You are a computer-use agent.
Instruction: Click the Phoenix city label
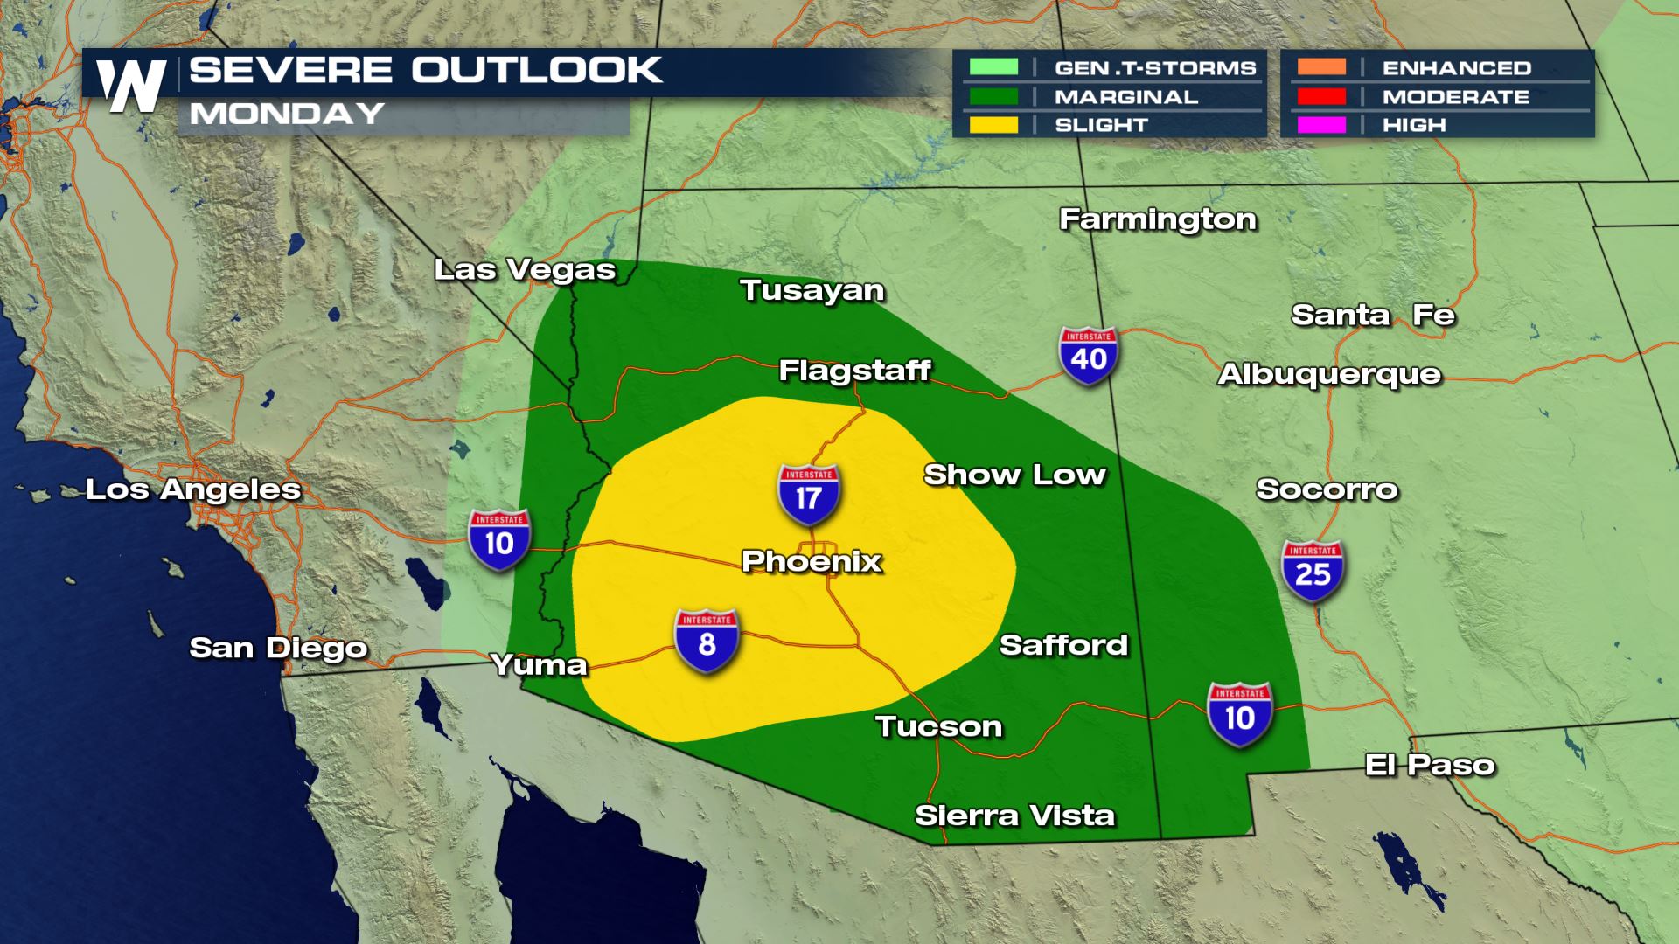pyautogui.click(x=812, y=561)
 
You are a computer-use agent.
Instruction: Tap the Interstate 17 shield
pyautogui.click(x=809, y=495)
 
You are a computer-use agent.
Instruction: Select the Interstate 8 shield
pyautogui.click(x=707, y=642)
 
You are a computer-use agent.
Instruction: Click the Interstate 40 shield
pyautogui.click(x=1089, y=356)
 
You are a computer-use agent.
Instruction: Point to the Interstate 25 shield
pyautogui.click(x=1313, y=571)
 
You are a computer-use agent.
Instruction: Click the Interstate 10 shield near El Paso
pyautogui.click(x=1239, y=715)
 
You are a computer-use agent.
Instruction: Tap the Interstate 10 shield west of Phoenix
pyautogui.click(x=499, y=540)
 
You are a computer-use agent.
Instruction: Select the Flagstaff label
pyautogui.click(x=854, y=371)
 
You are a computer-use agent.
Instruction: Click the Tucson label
pyautogui.click(x=938, y=726)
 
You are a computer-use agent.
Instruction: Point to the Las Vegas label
pyautogui.click(x=525, y=270)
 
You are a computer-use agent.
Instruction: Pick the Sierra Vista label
pyautogui.click(x=1014, y=816)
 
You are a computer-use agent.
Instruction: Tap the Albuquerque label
pyautogui.click(x=1329, y=374)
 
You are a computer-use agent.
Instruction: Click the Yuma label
pyautogui.click(x=539, y=665)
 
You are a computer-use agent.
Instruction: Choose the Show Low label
pyautogui.click(x=1014, y=475)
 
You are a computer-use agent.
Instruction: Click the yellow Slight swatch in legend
pyautogui.click(x=993, y=125)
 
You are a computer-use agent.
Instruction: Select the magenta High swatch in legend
pyautogui.click(x=1321, y=125)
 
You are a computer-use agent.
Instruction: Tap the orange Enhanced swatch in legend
pyautogui.click(x=1321, y=67)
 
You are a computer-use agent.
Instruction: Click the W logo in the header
pyautogui.click(x=131, y=87)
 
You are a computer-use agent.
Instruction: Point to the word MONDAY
pyautogui.click(x=287, y=114)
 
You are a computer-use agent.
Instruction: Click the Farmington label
pyautogui.click(x=1158, y=219)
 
